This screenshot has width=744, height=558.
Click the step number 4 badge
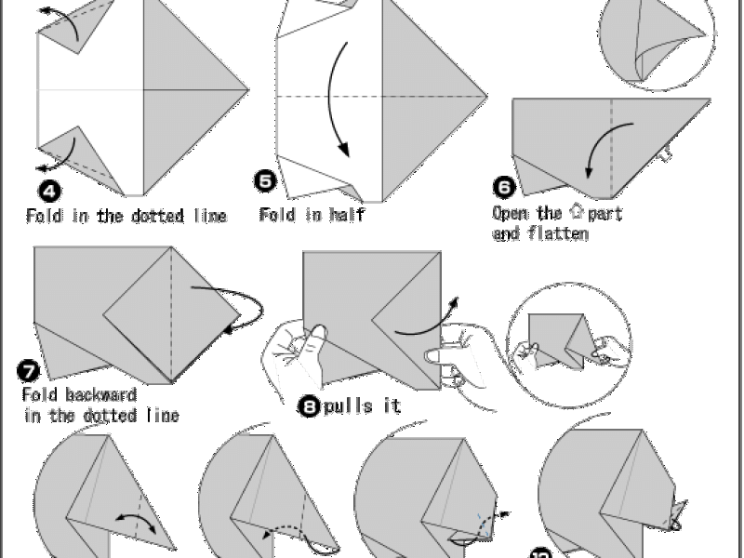pyautogui.click(x=49, y=192)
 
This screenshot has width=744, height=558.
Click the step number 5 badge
pyautogui.click(x=265, y=181)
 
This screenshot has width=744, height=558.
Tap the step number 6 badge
pyautogui.click(x=504, y=187)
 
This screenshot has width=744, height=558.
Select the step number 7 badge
pyautogui.click(x=29, y=371)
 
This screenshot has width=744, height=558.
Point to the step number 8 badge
pyautogui.click(x=310, y=406)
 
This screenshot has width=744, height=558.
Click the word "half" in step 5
pyautogui.click(x=347, y=215)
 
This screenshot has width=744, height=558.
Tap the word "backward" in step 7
pyautogui.click(x=101, y=394)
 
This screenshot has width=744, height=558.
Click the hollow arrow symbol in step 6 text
pyautogui.click(x=576, y=211)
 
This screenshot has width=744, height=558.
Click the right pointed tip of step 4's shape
pyautogui.click(x=248, y=89)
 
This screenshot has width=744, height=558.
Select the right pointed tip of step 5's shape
pyautogui.click(x=487, y=97)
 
